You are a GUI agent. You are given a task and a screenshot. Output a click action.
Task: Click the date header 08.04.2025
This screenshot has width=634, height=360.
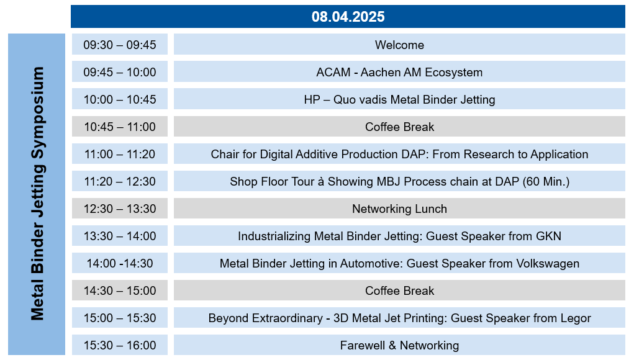pyautogui.click(x=348, y=17)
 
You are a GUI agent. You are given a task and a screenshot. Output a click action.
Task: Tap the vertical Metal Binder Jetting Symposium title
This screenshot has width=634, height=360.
pyautogui.click(x=37, y=194)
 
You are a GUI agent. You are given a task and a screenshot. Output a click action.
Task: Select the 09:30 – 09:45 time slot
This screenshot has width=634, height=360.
pyautogui.click(x=120, y=45)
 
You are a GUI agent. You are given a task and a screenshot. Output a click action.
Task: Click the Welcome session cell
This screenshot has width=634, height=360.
pyautogui.click(x=399, y=45)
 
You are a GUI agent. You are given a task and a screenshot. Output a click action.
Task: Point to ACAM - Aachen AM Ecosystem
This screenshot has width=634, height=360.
pyautogui.click(x=399, y=72)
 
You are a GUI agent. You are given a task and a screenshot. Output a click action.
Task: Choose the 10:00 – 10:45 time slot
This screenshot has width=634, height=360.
pyautogui.click(x=120, y=99)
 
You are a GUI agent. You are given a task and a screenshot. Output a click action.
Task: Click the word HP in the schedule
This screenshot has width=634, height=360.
pyautogui.click(x=312, y=99)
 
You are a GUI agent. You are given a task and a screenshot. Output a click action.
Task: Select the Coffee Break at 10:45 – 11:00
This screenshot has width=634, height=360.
pyautogui.click(x=399, y=127)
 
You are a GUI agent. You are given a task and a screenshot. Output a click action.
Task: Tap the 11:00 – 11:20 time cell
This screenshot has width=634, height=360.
pyautogui.click(x=120, y=154)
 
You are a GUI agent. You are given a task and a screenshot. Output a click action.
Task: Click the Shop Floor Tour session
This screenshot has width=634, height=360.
pyautogui.click(x=399, y=181)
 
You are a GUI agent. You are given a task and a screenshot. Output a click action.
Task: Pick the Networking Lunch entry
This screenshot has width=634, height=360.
pyautogui.click(x=399, y=209)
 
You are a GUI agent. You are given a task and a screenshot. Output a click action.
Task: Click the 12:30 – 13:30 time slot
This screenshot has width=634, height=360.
pyautogui.click(x=120, y=209)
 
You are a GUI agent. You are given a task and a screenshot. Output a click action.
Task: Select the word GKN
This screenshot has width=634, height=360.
pyautogui.click(x=549, y=236)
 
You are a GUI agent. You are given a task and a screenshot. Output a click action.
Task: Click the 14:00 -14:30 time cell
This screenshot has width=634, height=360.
pyautogui.click(x=120, y=263)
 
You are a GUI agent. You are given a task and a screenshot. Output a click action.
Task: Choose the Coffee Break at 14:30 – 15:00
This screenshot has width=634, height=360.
pyautogui.click(x=399, y=290)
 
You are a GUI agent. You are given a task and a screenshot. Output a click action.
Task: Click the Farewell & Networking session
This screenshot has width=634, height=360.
pyautogui.click(x=399, y=345)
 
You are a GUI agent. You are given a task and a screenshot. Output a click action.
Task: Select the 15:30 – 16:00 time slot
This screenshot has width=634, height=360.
pyautogui.click(x=120, y=345)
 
